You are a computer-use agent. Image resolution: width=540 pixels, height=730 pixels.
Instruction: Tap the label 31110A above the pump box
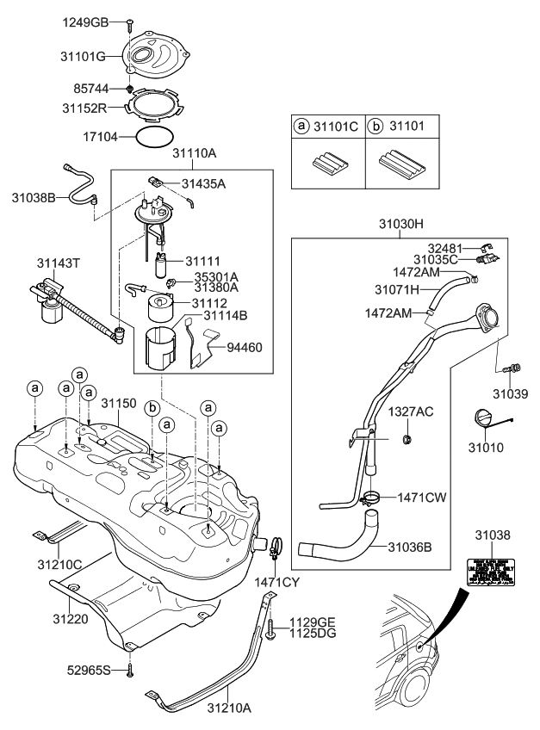(194, 154)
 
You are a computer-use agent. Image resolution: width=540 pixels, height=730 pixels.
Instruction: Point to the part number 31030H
(401, 223)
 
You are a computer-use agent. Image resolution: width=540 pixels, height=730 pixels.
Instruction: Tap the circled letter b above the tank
(152, 407)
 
